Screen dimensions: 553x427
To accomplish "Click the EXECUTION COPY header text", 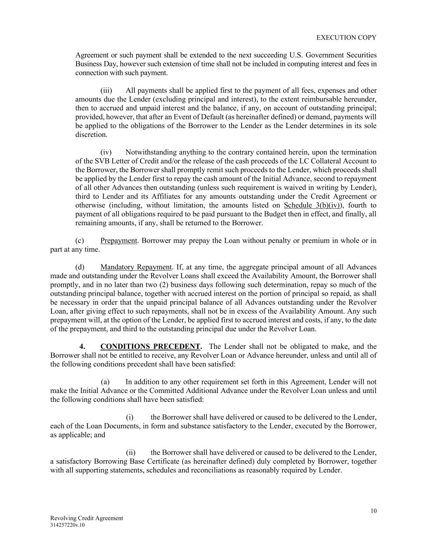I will (x=346, y=38).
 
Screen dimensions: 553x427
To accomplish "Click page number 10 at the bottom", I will (x=373, y=511).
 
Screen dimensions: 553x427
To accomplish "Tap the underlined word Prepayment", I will (x=119, y=241).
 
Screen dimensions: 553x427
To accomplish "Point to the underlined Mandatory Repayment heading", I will (x=136, y=267).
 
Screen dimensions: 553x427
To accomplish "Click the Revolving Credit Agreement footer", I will (x=87, y=518).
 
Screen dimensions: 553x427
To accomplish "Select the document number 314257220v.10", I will (x=68, y=525).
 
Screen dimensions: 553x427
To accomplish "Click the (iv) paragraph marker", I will (x=106, y=152).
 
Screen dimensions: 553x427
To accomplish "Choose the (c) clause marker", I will (x=80, y=241).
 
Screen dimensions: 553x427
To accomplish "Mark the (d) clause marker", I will (x=80, y=267).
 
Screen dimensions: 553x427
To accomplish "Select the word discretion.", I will (x=91, y=135).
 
